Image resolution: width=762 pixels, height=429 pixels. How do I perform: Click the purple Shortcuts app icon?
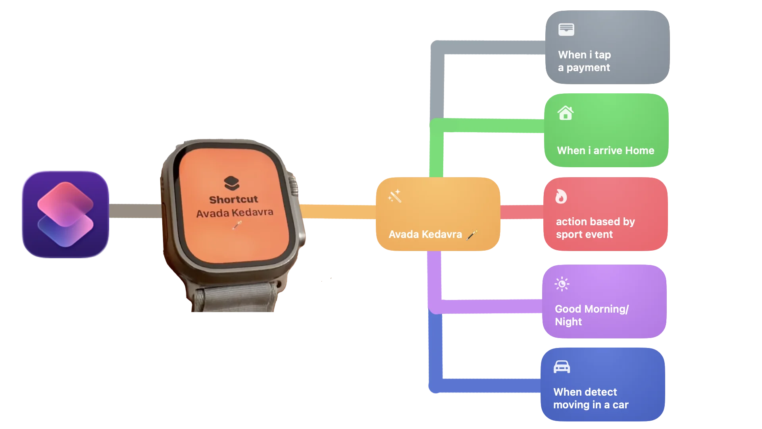pos(65,214)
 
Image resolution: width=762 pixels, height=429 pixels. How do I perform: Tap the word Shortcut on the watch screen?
pos(233,199)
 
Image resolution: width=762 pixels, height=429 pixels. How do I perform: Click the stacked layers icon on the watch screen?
pos(232,183)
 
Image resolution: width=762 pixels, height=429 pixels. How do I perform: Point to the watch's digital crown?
pos(293,185)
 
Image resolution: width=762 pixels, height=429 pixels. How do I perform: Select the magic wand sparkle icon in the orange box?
pos(395,196)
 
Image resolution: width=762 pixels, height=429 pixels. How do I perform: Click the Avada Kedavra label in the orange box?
pos(425,234)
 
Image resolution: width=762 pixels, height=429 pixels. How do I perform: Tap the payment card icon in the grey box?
pos(566,29)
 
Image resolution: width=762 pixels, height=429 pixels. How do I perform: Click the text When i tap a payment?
pos(584,61)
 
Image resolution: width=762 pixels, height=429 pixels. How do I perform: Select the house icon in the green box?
pos(566,113)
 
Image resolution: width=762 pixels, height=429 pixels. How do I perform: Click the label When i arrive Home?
pos(606,151)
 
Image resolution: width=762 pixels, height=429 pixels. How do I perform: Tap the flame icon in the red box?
pos(561,196)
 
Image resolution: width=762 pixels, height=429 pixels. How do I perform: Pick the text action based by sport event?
pos(595,228)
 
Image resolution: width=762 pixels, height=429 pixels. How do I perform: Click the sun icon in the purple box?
pos(562,284)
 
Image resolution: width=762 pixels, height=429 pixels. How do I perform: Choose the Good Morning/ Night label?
pos(592,315)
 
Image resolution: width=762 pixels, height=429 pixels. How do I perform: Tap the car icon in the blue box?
pos(562,367)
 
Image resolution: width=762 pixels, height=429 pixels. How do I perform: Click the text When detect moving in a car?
pos(591,398)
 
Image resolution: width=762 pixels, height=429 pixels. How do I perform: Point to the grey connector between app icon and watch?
pos(135,211)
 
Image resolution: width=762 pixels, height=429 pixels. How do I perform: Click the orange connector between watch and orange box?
pos(338,211)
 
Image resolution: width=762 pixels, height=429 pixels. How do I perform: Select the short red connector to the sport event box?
pos(522,212)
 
